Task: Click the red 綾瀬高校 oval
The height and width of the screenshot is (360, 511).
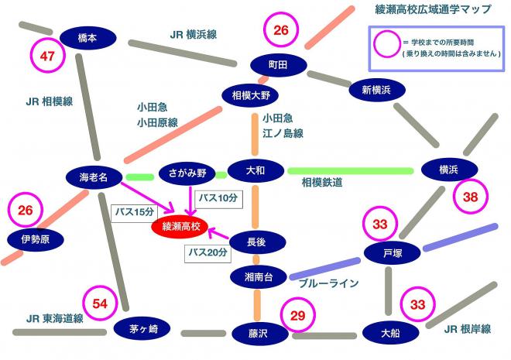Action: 180,227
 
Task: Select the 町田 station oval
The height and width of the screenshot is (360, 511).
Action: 277,65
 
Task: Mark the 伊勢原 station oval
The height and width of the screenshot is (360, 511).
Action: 35,240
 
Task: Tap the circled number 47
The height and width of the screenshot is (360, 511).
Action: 48,55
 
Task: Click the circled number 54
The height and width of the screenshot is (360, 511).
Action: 100,304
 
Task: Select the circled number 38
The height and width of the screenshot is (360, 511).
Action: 471,197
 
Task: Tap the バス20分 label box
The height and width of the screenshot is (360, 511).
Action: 207,252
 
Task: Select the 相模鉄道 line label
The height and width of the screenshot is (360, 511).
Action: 322,182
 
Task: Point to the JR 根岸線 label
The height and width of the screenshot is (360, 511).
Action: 467,329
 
